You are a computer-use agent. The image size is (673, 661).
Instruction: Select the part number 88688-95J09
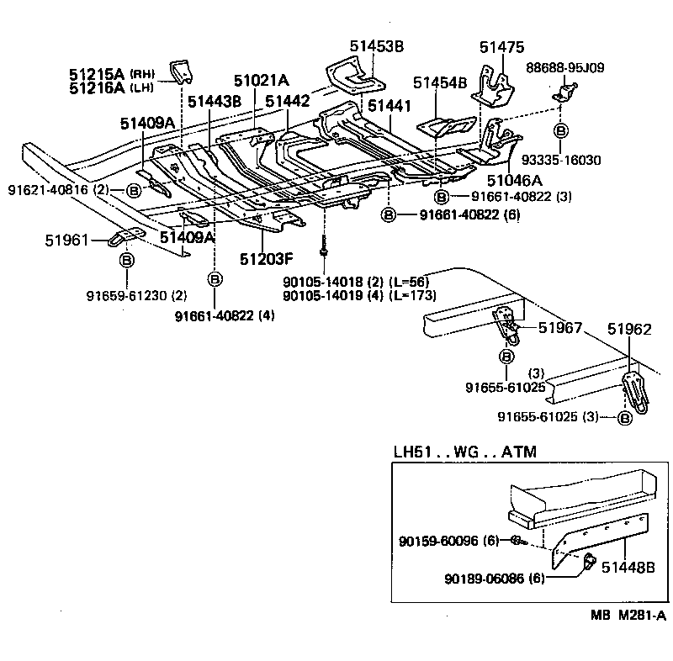pyautogui.click(x=564, y=67)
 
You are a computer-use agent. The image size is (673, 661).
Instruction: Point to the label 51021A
pyautogui.click(x=261, y=81)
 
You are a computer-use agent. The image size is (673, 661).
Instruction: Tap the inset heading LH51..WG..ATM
pyautogui.click(x=464, y=452)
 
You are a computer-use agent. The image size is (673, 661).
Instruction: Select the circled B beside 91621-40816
pyautogui.click(x=133, y=191)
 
